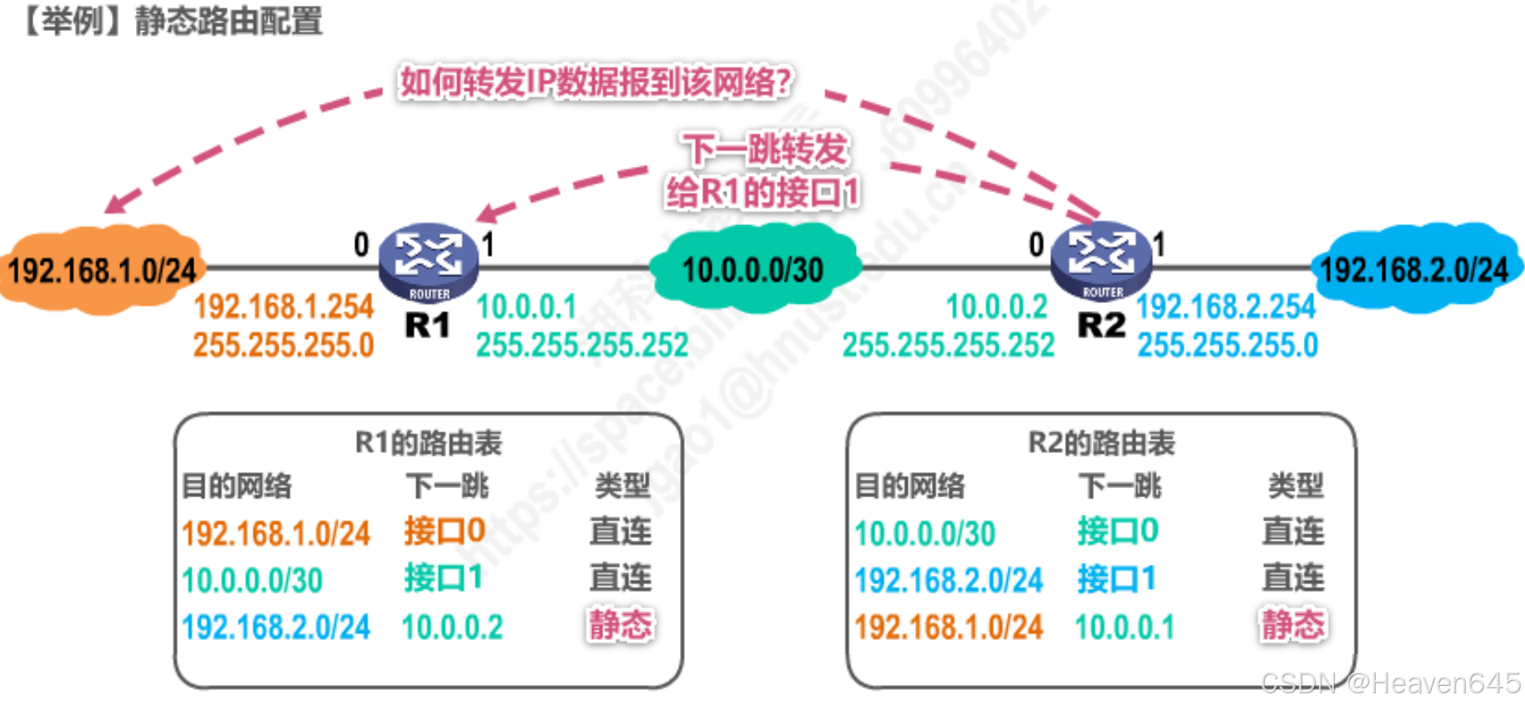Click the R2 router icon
[1101, 259]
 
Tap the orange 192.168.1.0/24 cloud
[101, 269]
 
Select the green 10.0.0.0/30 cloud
[753, 269]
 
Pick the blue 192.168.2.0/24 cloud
[1415, 269]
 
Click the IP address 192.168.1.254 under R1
[284, 307]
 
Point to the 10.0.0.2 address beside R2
[996, 307]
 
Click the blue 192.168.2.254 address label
[1226, 307]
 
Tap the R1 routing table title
[429, 443]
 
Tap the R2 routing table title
[1101, 443]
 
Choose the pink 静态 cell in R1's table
[621, 625]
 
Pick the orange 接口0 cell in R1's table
[445, 531]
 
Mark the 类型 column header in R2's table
[1296, 486]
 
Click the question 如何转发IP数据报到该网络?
[596, 82]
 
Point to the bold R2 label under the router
[1101, 325]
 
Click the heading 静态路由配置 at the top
[229, 21]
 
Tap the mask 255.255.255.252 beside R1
[582, 345]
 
